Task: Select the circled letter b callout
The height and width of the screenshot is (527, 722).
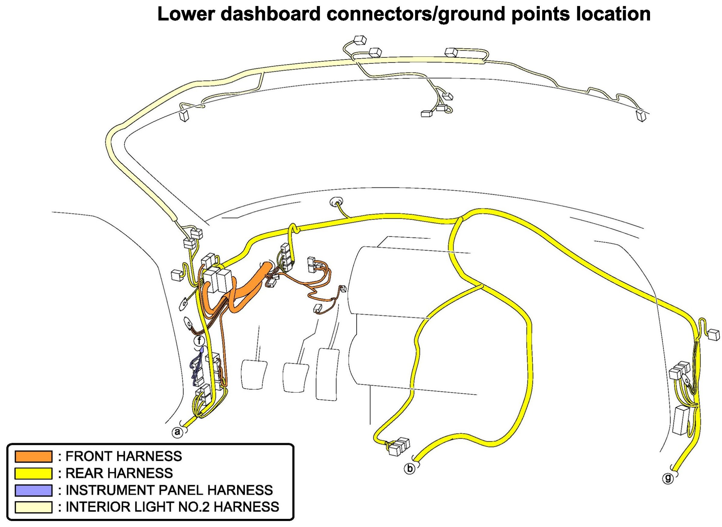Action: (410, 469)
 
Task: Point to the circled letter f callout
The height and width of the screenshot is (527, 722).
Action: (199, 340)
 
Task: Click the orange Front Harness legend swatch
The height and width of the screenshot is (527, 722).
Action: (33, 456)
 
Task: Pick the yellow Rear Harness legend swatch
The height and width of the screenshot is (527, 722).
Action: (33, 473)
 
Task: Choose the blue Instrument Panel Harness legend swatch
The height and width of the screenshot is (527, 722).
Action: (33, 490)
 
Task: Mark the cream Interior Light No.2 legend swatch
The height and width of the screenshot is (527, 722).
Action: (33, 507)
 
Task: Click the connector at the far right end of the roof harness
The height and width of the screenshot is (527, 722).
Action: (641, 115)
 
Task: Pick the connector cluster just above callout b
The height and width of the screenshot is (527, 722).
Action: (398, 446)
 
